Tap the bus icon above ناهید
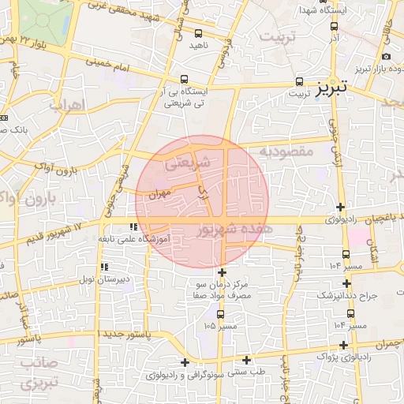pyautogui.click(x=198, y=34)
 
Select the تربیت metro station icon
pyautogui.click(x=300, y=81)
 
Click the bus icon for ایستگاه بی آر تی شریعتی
pyautogui.click(x=184, y=79)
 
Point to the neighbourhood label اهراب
pyautogui.click(x=66, y=106)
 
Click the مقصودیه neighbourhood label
pyautogui.click(x=285, y=150)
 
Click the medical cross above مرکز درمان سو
pyautogui.click(x=222, y=272)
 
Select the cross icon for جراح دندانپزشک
pyautogui.click(x=346, y=283)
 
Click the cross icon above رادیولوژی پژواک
pyautogui.click(x=342, y=345)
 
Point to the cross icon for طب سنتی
pyautogui.click(x=185, y=362)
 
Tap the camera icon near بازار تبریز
pyautogui.click(x=386, y=56)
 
